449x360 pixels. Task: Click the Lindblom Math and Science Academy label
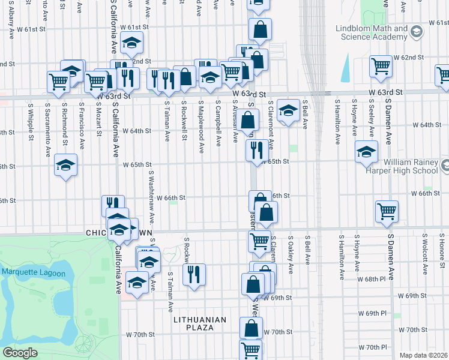click(x=365, y=32)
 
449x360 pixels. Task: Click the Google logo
click(x=20, y=353)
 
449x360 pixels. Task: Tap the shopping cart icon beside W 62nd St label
click(x=380, y=67)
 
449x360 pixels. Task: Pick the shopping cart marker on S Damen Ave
click(x=387, y=211)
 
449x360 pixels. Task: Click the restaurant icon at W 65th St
click(x=257, y=150)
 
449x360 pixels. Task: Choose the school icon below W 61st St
click(x=131, y=43)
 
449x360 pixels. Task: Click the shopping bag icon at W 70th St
click(x=251, y=328)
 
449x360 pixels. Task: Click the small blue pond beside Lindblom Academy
click(x=346, y=70)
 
